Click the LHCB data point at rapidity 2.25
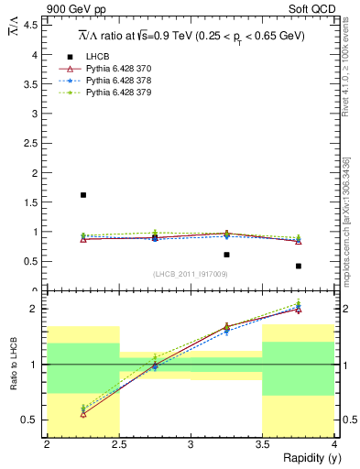click(83, 195)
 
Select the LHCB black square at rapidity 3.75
click(299, 266)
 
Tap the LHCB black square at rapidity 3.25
click(226, 255)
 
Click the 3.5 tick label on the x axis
click(262, 444)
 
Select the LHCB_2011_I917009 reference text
click(190, 274)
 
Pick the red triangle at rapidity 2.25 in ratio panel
click(83, 414)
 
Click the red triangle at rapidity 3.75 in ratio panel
click(299, 309)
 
